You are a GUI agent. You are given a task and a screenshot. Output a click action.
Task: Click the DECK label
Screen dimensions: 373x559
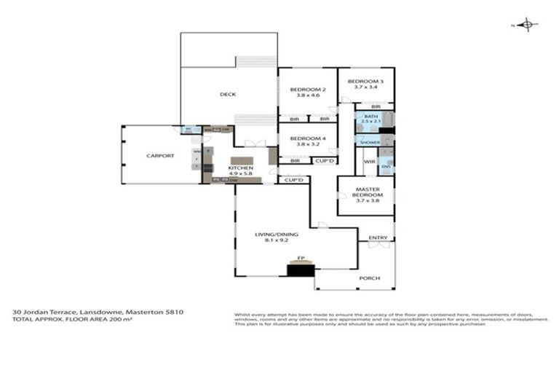pos(228,94)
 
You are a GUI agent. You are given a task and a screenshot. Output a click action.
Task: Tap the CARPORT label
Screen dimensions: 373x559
pos(159,156)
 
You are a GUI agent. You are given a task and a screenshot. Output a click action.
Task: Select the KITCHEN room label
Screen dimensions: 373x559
pos(240,168)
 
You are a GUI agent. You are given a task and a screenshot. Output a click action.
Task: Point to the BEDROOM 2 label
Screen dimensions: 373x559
pos(308,90)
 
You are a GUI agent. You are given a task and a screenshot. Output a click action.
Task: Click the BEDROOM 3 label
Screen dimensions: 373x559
pos(360,81)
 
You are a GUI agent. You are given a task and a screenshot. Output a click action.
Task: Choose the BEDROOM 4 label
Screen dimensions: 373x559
pos(308,138)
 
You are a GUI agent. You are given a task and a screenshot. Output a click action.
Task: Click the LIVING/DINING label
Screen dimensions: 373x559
pos(275,235)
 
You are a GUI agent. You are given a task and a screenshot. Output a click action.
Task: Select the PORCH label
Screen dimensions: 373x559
pos(370,278)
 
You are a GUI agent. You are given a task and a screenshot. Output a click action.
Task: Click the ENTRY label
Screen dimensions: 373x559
pos(378,238)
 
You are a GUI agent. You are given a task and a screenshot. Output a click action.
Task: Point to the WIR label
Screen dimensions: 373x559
pos(369,161)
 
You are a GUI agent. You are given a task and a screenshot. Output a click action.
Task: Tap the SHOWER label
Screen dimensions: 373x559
pos(370,143)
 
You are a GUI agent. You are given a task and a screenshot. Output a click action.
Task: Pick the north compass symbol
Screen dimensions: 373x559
pos(528,25)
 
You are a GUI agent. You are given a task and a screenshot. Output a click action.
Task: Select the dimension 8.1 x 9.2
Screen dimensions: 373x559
pos(275,240)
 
